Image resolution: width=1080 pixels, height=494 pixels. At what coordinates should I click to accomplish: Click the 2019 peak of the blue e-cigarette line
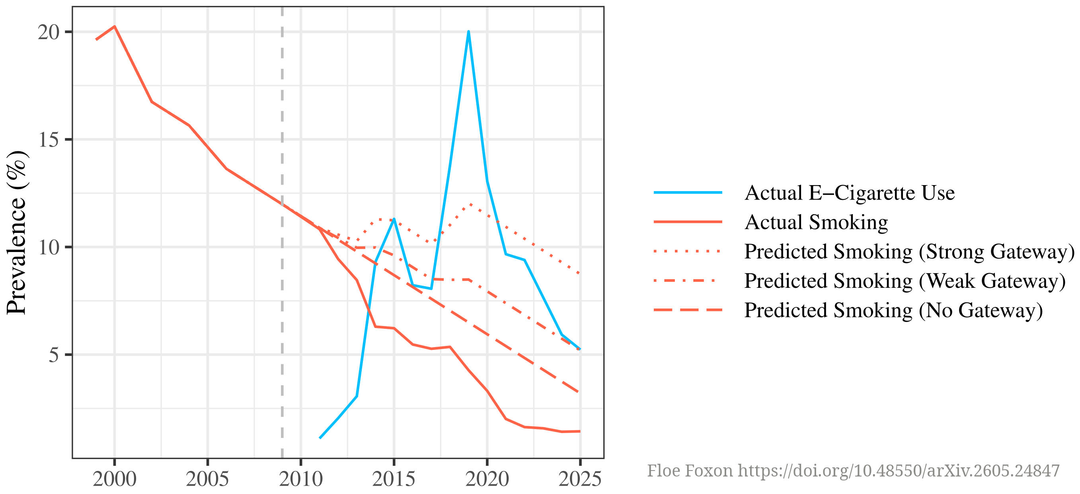[x=468, y=31]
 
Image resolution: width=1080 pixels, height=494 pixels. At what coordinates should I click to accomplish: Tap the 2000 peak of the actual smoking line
[x=115, y=26]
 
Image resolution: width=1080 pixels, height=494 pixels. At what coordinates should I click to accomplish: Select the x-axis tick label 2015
[x=394, y=479]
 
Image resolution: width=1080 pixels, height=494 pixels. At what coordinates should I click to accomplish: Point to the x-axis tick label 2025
[x=580, y=479]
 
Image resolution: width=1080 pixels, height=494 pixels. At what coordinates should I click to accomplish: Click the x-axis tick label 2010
[x=300, y=479]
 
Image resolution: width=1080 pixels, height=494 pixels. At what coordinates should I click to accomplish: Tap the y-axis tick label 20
[x=49, y=32]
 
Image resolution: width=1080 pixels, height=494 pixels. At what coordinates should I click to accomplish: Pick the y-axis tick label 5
[x=54, y=355]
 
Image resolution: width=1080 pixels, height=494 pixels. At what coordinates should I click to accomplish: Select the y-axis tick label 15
[x=49, y=140]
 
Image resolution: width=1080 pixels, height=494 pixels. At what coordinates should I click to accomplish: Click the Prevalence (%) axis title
[x=16, y=233]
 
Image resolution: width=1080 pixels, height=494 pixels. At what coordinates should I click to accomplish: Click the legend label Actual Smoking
[x=816, y=222]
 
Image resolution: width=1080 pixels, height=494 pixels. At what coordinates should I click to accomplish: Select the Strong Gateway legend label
[x=909, y=252]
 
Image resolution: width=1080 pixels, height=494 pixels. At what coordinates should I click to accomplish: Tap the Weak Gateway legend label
[x=905, y=281]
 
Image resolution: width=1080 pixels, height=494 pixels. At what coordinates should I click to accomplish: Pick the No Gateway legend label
[x=893, y=310]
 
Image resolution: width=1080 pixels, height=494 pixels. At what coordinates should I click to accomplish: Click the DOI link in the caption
[x=899, y=471]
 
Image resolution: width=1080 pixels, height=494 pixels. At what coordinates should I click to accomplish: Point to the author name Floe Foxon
[x=690, y=471]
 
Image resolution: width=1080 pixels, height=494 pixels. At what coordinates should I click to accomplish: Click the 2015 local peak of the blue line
[x=394, y=219]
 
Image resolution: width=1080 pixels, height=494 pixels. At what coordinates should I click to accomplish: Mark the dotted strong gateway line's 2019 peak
[x=470, y=204]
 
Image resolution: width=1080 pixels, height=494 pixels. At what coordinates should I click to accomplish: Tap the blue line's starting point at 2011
[x=320, y=438]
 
